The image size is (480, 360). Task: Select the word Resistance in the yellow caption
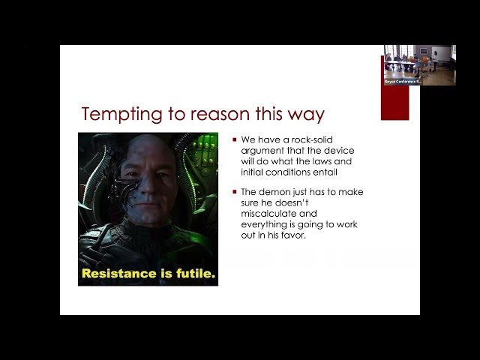[x=115, y=274]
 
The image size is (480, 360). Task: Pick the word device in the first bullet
[x=331, y=151]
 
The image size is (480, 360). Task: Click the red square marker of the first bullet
[x=235, y=140]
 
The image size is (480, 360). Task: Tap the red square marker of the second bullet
[x=235, y=192]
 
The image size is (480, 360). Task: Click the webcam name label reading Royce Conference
[x=403, y=82]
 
